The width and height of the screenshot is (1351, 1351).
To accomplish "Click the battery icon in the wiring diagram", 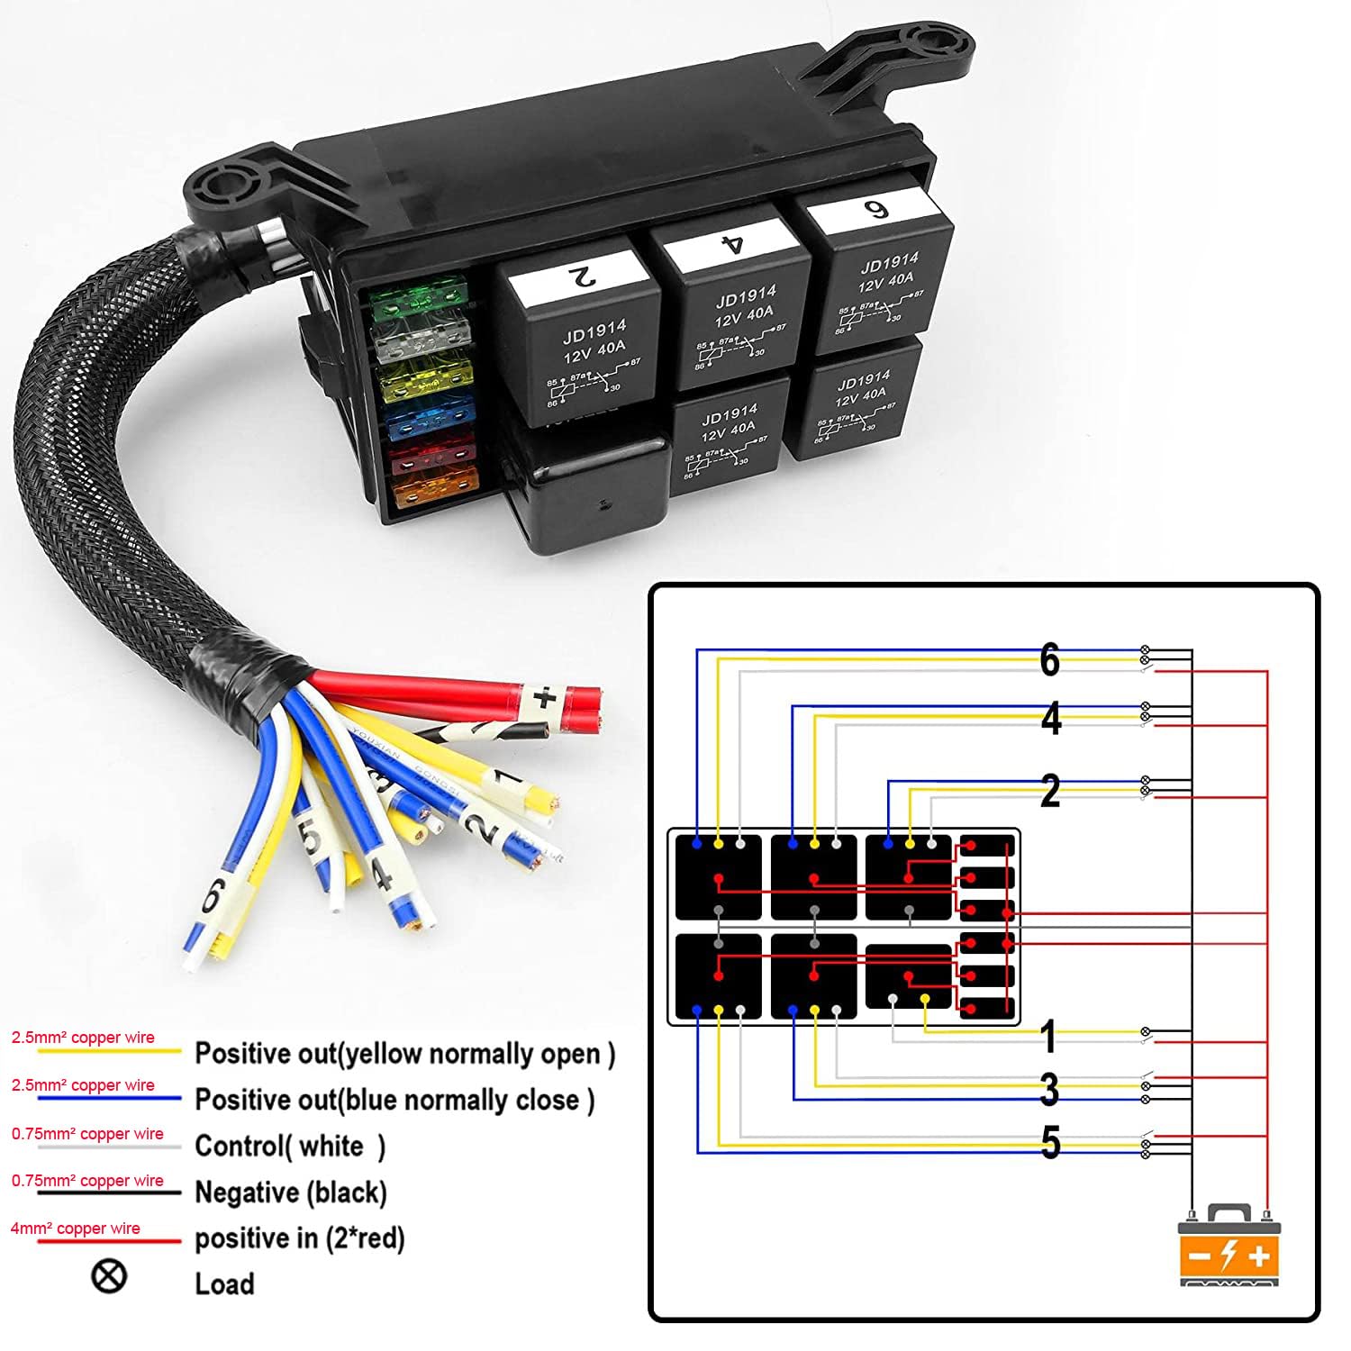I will tap(1229, 1247).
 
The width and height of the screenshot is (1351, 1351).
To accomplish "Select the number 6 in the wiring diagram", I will tap(1049, 659).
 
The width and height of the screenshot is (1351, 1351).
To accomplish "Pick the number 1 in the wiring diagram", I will tap(1047, 1037).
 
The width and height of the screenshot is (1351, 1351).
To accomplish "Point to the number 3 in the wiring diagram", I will tap(1049, 1089).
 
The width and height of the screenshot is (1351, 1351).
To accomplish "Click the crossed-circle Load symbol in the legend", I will tap(109, 1275).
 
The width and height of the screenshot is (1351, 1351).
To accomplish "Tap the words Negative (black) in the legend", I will tap(291, 1192).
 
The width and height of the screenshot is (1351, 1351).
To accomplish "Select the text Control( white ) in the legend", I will tap(290, 1146).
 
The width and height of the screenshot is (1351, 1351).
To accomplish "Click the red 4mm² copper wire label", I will tap(76, 1229).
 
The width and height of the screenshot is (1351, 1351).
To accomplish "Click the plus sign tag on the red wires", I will tap(544, 698).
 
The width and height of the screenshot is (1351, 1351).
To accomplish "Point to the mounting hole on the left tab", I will tap(222, 187).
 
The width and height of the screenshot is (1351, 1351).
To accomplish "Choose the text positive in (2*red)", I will tap(300, 1238).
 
